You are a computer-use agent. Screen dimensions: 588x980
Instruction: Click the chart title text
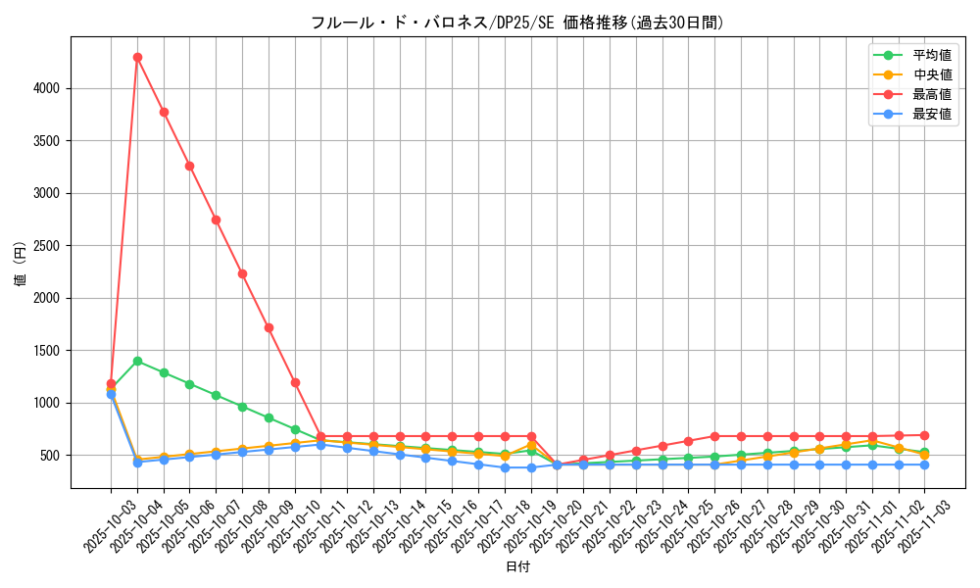pos(517,23)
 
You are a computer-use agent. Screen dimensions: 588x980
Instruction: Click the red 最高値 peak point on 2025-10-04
pos(137,57)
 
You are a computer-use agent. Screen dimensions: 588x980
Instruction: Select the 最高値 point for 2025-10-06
pos(189,166)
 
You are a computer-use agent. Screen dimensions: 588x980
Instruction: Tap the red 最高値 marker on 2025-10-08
pos(242,273)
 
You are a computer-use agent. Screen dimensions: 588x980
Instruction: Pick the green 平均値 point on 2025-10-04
pos(137,361)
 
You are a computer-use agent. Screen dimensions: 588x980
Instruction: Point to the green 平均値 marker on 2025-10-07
pos(216,395)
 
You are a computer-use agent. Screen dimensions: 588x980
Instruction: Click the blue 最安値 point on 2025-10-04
pos(137,463)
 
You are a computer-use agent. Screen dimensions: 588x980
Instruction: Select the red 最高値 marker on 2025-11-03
pos(924,435)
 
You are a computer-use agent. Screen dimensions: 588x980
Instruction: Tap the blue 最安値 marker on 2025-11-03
pos(924,465)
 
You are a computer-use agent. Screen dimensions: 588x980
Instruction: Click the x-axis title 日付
pos(517,567)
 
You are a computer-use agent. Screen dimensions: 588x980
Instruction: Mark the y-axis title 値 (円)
pos(20,266)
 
